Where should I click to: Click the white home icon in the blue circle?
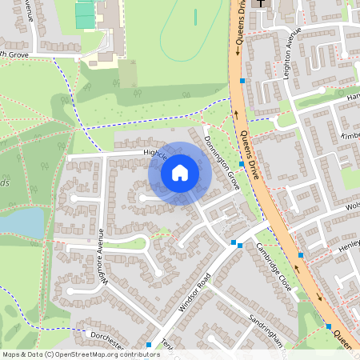(x=180, y=173)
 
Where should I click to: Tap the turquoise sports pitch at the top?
(x=85, y=13)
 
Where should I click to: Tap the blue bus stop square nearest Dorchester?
(x=149, y=346)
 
